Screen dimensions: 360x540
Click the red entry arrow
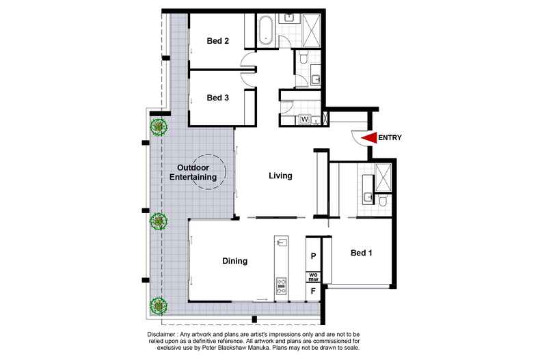(x=369, y=138)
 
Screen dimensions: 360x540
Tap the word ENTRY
(x=390, y=138)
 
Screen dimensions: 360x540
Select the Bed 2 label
(x=217, y=41)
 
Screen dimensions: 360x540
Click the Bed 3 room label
(x=217, y=98)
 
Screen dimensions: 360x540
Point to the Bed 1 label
(x=362, y=253)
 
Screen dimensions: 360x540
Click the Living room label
(x=280, y=176)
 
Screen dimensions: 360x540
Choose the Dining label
(x=234, y=261)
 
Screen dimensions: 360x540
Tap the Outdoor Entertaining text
(x=198, y=173)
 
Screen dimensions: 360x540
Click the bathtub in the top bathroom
(x=266, y=31)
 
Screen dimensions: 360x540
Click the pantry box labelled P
(x=313, y=257)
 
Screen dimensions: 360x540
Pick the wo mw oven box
(x=313, y=277)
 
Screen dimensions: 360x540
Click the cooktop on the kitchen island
(x=281, y=286)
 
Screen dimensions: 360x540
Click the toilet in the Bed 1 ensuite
(x=383, y=201)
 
